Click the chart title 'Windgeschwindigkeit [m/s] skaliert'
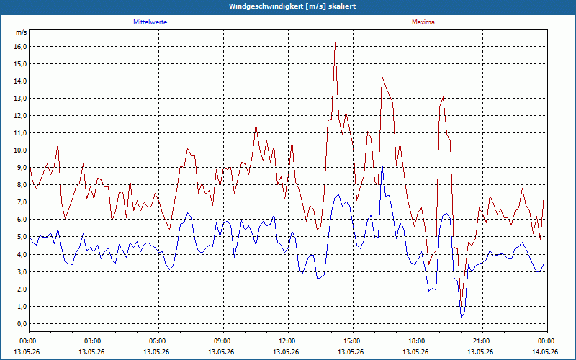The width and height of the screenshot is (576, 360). click(x=292, y=6)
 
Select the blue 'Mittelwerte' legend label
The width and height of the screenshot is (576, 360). click(x=150, y=22)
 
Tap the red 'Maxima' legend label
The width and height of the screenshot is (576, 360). click(x=423, y=22)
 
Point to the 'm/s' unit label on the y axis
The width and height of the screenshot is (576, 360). click(x=22, y=32)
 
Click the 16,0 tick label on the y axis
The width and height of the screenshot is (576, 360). click(x=20, y=47)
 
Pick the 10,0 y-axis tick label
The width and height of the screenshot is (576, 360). click(x=20, y=150)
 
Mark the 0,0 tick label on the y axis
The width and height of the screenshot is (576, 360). click(x=22, y=323)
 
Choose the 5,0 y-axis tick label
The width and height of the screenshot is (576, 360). click(x=22, y=237)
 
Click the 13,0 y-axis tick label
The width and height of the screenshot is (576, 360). click(x=20, y=99)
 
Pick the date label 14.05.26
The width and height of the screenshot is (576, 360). click(x=545, y=351)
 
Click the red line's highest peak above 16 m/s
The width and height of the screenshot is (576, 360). click(x=335, y=43)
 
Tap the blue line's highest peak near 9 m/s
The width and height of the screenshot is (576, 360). click(x=382, y=163)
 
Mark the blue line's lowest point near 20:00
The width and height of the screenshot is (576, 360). click(x=462, y=318)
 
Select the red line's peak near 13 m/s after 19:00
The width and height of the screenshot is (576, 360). click(x=444, y=97)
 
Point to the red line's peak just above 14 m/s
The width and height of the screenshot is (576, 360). click(x=382, y=76)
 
